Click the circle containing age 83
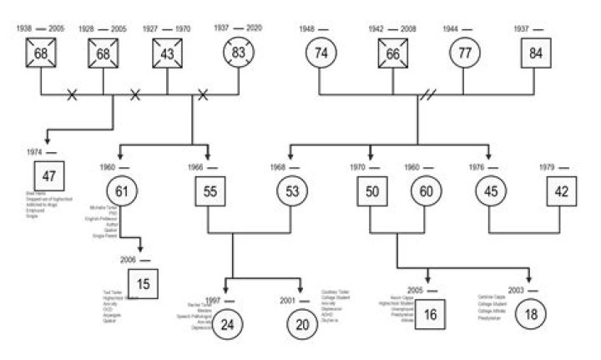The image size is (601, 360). coord(238,53)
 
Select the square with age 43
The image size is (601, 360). coord(168,53)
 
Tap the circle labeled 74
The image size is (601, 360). coord(321,53)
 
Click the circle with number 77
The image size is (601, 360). coord(465,53)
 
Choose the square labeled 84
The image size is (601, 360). coord(535,53)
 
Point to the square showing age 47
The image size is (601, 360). coord(49,176)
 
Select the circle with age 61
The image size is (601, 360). coord(123,192)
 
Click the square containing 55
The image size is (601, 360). coord(210,192)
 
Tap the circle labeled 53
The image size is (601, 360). coord(292,192)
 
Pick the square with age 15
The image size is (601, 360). coord(144,285)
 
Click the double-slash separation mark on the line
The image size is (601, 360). coord(427,96)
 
